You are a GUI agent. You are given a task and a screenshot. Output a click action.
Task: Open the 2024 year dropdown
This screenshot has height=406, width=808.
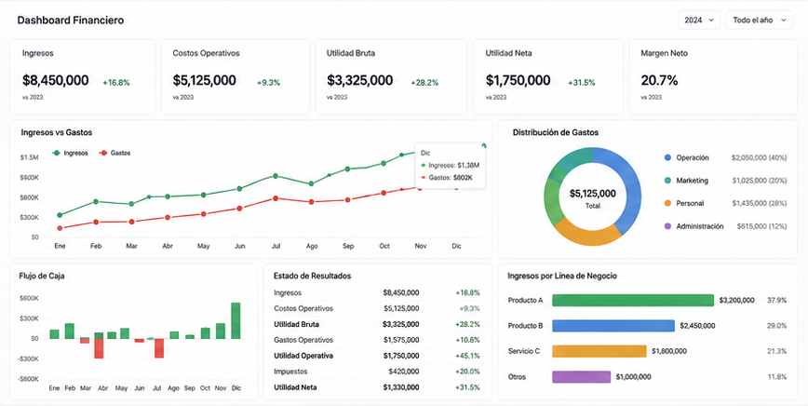[x=699, y=20]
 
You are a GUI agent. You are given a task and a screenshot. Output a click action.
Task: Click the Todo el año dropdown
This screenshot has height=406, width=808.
[x=759, y=20]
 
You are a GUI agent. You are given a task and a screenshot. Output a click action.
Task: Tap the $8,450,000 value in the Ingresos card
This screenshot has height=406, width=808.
[x=56, y=80]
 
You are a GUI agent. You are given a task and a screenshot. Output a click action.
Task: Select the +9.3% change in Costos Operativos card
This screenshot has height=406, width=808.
[x=268, y=83]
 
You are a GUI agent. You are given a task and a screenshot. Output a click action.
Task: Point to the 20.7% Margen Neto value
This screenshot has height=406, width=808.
[x=659, y=80]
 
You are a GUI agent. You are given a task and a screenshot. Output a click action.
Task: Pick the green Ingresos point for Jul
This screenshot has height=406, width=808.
[x=276, y=176]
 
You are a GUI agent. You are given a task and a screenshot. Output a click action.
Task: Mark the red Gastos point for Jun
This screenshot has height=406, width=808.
[x=239, y=209]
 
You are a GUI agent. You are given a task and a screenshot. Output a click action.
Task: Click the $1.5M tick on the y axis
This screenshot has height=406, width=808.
[x=30, y=157]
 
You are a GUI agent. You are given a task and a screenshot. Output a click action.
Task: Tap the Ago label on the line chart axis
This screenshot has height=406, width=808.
[x=311, y=246]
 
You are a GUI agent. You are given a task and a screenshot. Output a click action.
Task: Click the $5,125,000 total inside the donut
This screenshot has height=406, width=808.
[x=593, y=194]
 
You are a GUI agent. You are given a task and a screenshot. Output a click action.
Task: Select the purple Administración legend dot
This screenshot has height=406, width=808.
[x=667, y=226]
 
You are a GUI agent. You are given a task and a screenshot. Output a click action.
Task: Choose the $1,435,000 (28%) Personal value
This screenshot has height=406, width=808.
[x=760, y=204]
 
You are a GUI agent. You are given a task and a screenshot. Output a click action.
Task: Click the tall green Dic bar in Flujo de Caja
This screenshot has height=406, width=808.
[x=236, y=320]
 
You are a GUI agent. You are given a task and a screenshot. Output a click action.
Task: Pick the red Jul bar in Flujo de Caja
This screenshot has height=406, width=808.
[x=159, y=348]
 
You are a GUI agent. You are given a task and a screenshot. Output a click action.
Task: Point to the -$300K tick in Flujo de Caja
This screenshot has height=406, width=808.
[x=29, y=359]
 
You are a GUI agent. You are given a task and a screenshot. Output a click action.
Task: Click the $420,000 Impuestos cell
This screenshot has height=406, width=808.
[x=404, y=372]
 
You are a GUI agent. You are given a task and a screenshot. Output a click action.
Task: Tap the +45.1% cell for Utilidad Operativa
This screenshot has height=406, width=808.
[x=467, y=356]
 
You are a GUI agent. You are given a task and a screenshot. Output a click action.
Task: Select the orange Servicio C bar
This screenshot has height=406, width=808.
[x=599, y=351]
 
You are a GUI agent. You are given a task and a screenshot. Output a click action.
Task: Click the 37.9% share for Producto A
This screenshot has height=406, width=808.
[x=776, y=300]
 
